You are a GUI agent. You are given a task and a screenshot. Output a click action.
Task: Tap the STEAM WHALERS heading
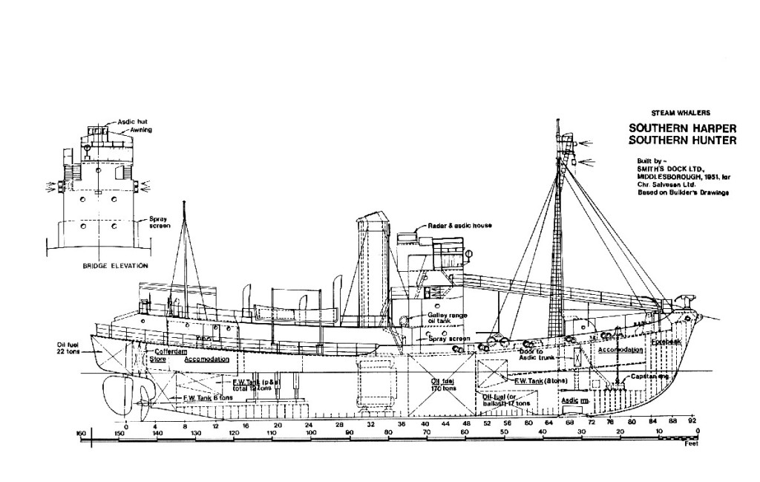[680, 112]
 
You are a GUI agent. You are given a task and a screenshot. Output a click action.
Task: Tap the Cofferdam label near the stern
[168, 351]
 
